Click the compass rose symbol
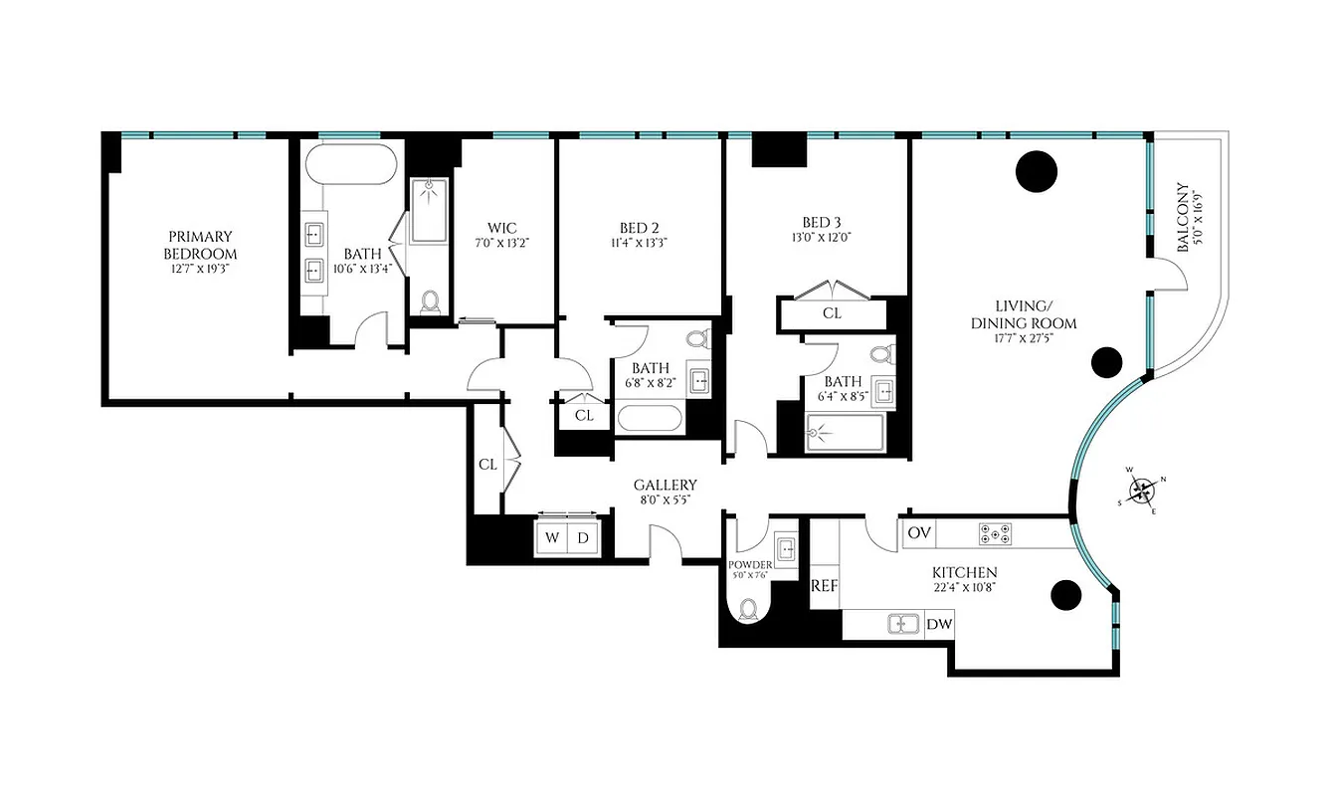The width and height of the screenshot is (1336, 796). click(1142, 490)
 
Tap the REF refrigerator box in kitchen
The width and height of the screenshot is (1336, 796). click(824, 586)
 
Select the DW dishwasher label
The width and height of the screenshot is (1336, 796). click(939, 624)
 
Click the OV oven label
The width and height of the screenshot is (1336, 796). click(918, 533)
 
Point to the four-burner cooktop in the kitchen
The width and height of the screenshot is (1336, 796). click(996, 533)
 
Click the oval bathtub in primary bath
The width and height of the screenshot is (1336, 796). click(348, 165)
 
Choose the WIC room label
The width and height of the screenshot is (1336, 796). click(501, 228)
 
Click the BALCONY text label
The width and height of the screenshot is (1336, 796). click(1182, 216)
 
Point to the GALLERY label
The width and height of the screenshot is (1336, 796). click(666, 486)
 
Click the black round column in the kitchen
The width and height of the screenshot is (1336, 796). click(1065, 595)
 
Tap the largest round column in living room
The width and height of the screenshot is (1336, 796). click(1036, 171)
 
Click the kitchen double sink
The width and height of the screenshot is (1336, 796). click(904, 624)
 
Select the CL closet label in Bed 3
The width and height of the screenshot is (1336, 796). click(832, 312)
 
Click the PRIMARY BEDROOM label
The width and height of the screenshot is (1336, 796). click(200, 245)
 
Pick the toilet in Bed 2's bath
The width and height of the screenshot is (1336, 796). click(696, 339)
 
